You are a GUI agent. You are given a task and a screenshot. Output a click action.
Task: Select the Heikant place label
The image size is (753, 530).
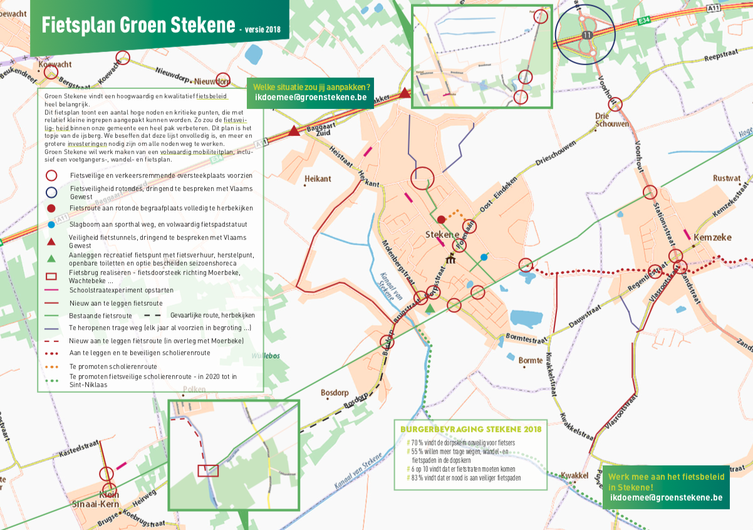[x=317, y=179]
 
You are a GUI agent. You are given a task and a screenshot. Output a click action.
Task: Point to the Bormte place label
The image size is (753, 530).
[x=531, y=360]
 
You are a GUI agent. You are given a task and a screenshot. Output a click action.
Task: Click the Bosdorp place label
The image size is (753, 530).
[x=333, y=393]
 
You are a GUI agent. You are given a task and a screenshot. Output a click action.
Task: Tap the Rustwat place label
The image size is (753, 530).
[x=726, y=179]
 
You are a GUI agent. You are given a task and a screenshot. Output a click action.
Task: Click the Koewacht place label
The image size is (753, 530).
[x=55, y=65]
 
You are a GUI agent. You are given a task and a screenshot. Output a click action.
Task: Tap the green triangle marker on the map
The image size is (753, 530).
[x=429, y=308]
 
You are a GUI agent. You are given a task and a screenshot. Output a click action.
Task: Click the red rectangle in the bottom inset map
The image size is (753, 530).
[x=208, y=470]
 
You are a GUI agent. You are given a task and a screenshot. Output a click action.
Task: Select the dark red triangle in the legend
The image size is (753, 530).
[x=52, y=242]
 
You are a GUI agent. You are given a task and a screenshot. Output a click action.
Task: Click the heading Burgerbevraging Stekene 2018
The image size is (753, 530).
[x=470, y=429]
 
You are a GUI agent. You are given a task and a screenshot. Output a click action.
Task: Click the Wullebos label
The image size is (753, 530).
[x=264, y=356]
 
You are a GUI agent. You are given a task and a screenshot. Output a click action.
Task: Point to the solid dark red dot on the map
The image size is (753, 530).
[x=441, y=219]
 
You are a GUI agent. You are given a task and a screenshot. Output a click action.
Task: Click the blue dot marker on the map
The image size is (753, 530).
[x=484, y=257]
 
